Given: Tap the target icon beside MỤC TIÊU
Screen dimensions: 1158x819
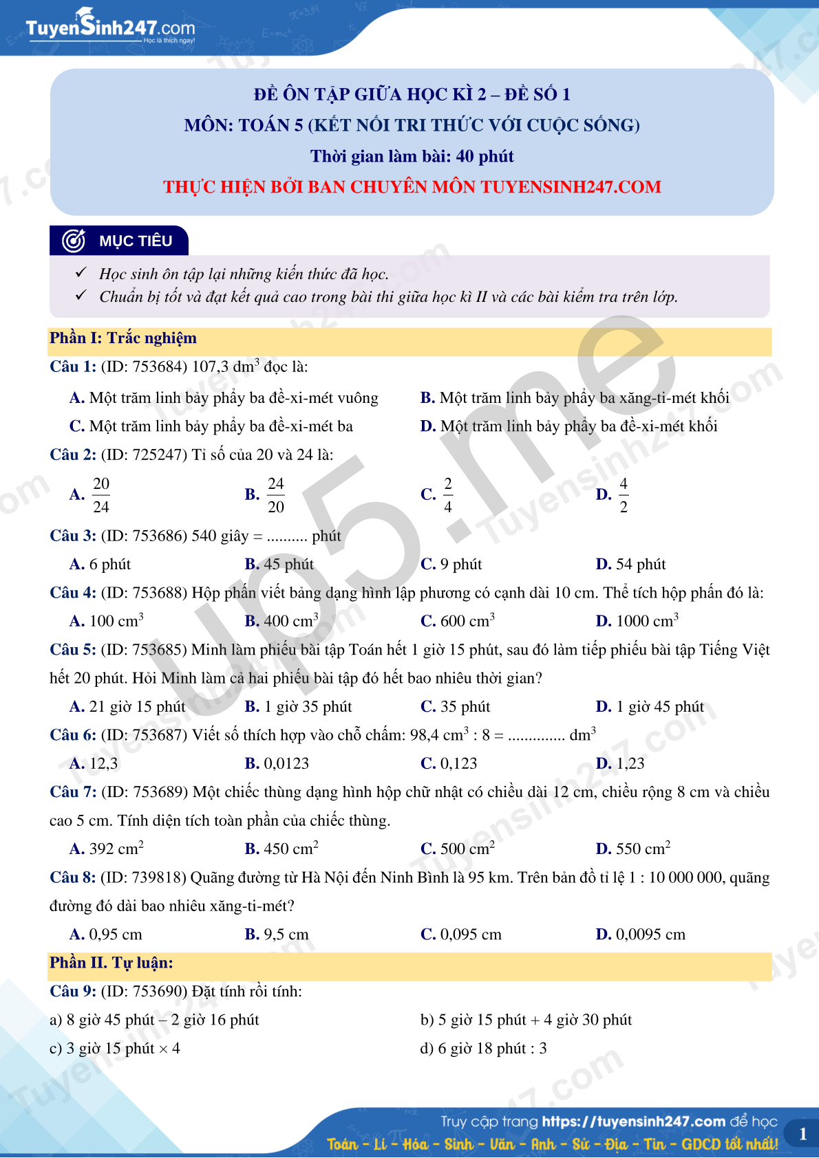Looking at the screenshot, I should click(x=74, y=241).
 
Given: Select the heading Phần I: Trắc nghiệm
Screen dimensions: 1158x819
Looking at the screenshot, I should click(x=123, y=338).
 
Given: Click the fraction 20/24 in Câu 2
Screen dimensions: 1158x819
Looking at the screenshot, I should click(x=101, y=495).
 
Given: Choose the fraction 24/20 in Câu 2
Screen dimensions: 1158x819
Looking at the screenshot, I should click(x=275, y=495).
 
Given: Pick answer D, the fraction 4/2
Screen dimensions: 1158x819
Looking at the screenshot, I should click(x=623, y=495).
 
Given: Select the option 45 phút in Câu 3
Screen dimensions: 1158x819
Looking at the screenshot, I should click(x=288, y=565).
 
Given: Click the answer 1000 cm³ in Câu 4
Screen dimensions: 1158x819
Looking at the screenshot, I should click(x=646, y=621).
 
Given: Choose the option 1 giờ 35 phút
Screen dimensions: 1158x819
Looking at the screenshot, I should click(x=308, y=707).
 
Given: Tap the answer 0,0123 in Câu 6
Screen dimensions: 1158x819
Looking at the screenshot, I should click(x=286, y=764).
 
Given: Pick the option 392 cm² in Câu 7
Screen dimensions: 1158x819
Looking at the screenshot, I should click(x=116, y=849).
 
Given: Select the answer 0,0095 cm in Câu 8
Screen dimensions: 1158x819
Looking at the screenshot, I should click(x=650, y=935).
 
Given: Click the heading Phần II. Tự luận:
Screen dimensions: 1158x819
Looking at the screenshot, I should click(x=111, y=963).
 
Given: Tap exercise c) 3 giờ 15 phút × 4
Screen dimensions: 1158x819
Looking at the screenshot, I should click(x=115, y=1049).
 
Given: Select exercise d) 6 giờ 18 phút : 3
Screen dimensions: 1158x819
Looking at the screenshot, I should click(x=483, y=1049).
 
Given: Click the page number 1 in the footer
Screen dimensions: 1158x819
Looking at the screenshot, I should click(x=802, y=1135).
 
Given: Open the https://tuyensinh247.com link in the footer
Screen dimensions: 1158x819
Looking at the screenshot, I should click(x=633, y=1122).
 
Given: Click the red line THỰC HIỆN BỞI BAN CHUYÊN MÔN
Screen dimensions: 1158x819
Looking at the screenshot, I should click(x=412, y=187).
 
